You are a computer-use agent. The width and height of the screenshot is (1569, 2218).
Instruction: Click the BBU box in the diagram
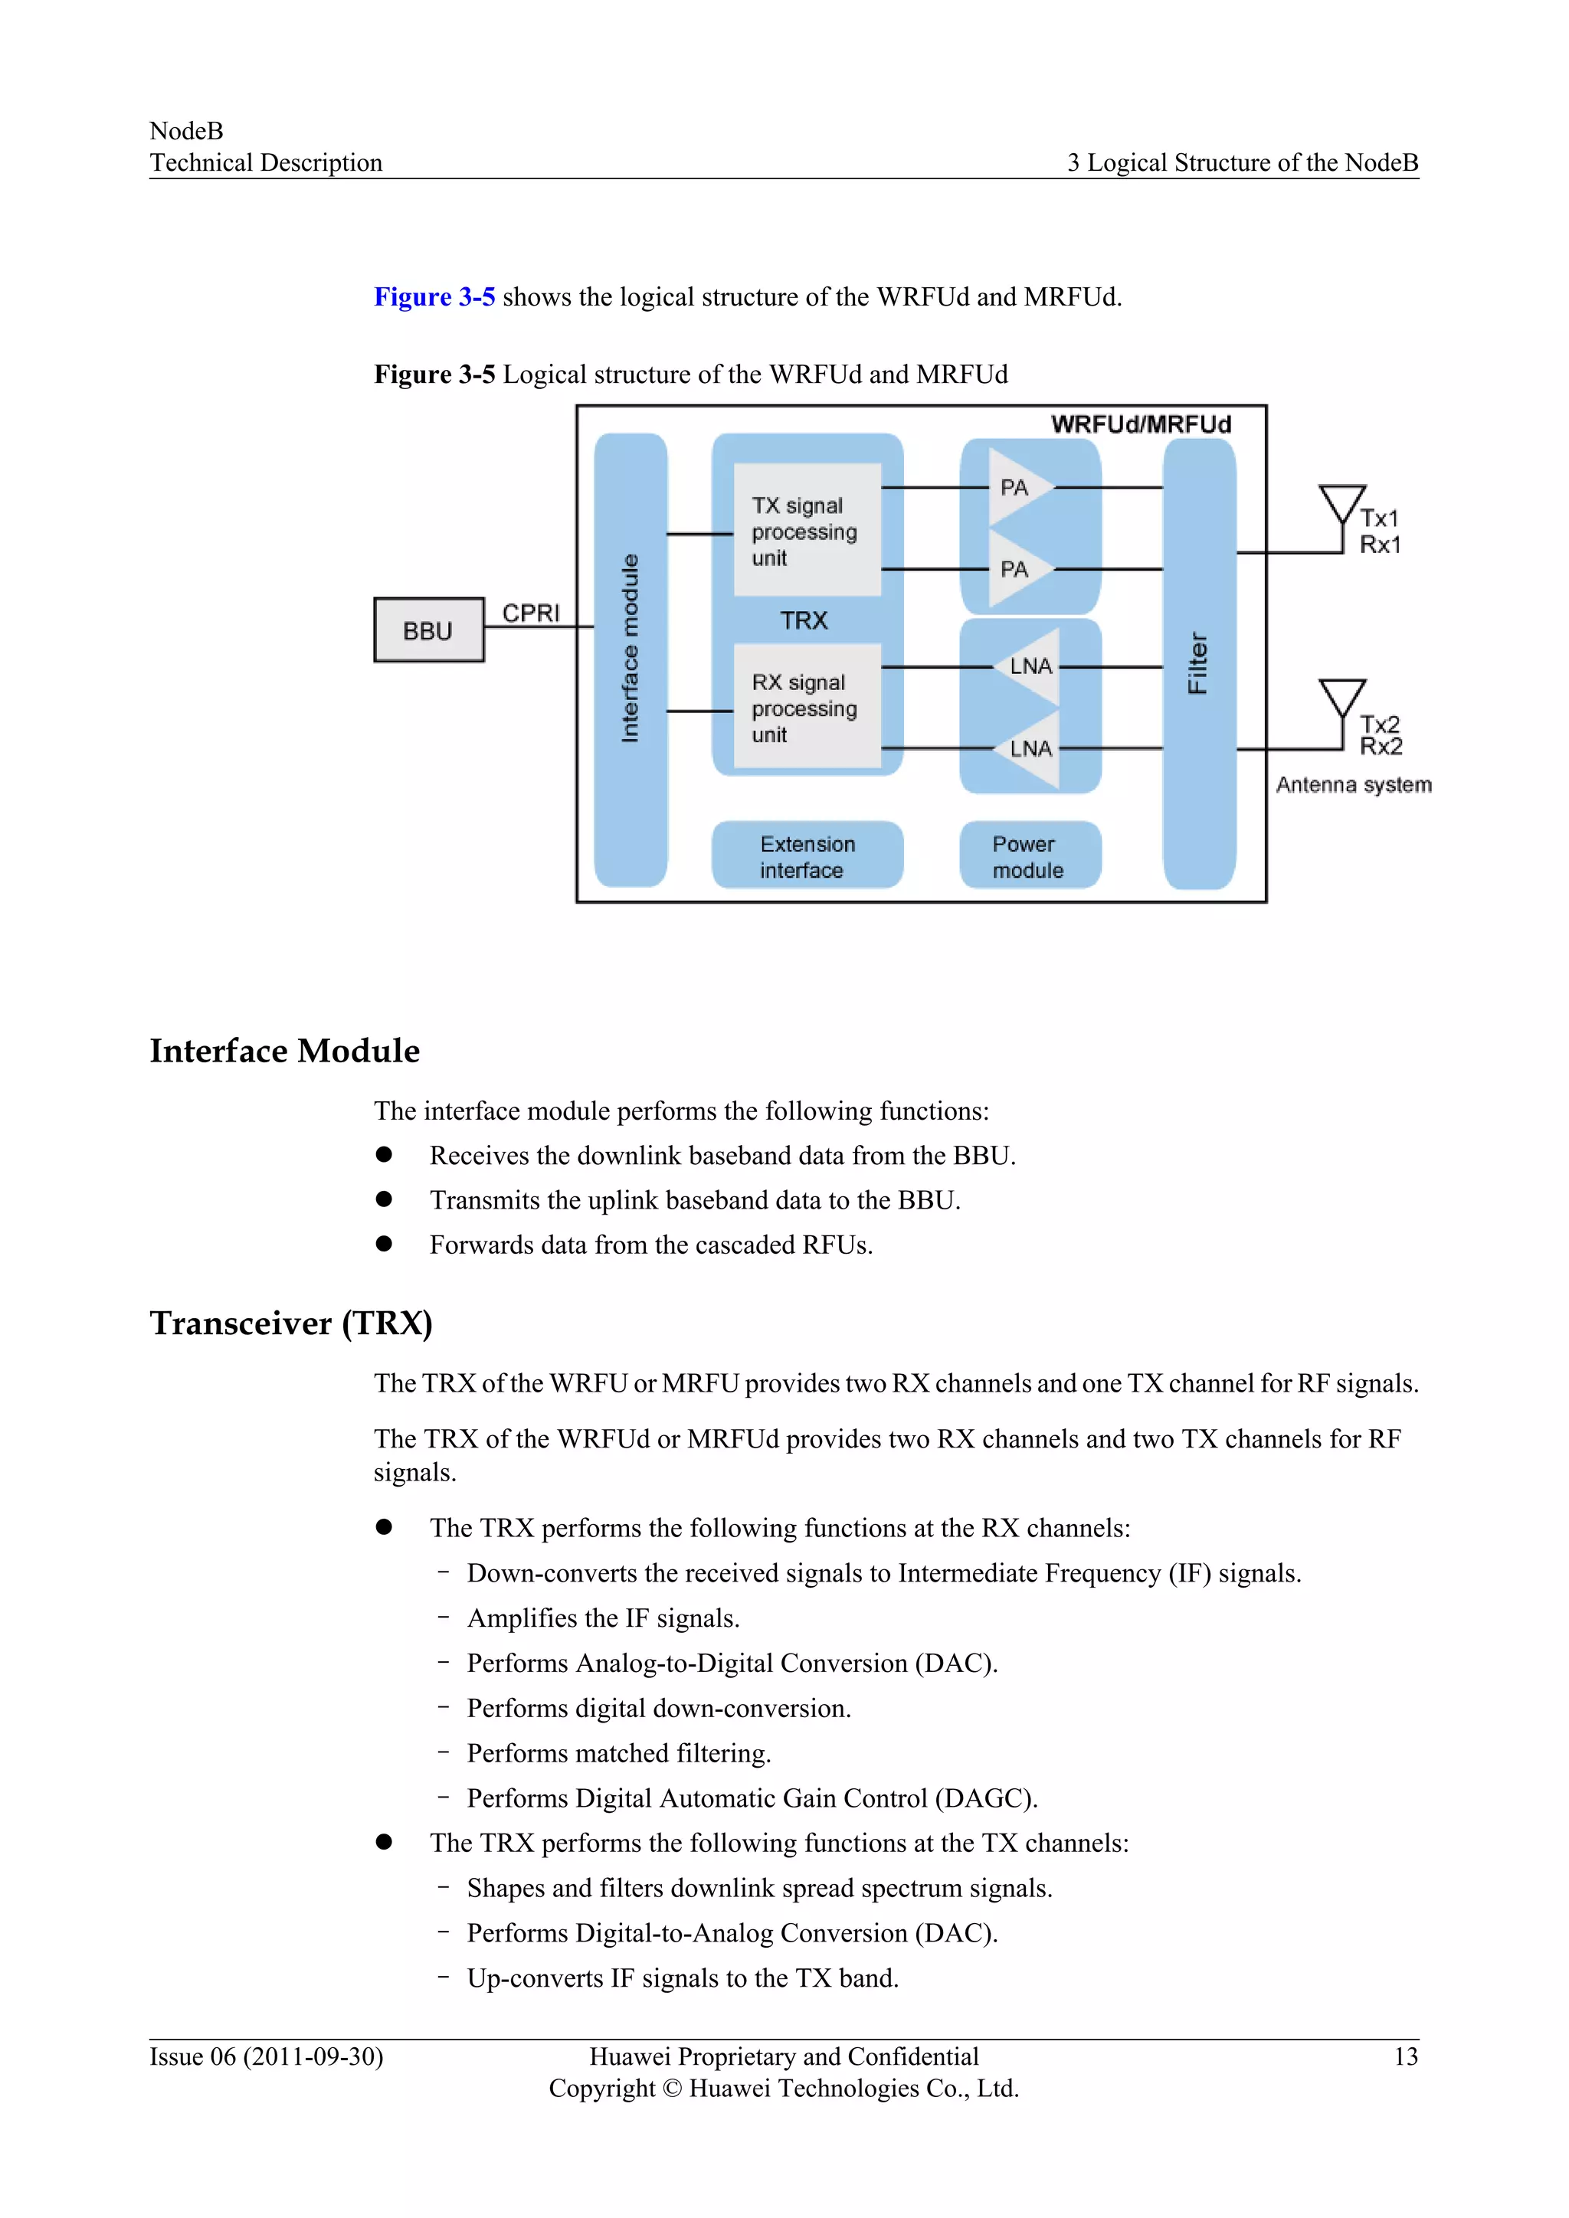click(x=429, y=630)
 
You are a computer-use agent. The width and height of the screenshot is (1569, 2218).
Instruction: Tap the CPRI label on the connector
click(x=530, y=613)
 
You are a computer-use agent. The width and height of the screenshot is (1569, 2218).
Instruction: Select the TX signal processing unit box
click(x=807, y=530)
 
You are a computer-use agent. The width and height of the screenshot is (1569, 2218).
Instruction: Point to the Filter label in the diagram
click(x=1198, y=662)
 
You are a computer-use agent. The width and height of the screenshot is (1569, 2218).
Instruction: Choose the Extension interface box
click(x=807, y=856)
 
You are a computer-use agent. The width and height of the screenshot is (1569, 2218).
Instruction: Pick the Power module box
click(x=1029, y=856)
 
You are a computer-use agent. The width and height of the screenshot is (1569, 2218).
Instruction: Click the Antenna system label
click(x=1353, y=784)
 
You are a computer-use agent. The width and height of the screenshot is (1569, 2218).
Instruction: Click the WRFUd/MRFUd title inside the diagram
click(x=1140, y=424)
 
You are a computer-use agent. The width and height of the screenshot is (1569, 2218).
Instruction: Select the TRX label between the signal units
click(x=804, y=620)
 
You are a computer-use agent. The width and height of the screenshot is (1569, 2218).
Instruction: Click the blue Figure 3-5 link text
click(x=434, y=296)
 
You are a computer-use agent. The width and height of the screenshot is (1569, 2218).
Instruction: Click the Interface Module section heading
click(x=284, y=1050)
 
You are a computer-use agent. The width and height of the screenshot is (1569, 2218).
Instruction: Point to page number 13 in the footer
click(x=1405, y=2056)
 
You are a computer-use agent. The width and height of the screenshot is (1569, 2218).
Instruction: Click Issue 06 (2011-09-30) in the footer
click(x=266, y=2056)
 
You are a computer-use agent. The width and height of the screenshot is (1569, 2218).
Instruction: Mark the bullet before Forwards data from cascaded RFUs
click(x=384, y=1243)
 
